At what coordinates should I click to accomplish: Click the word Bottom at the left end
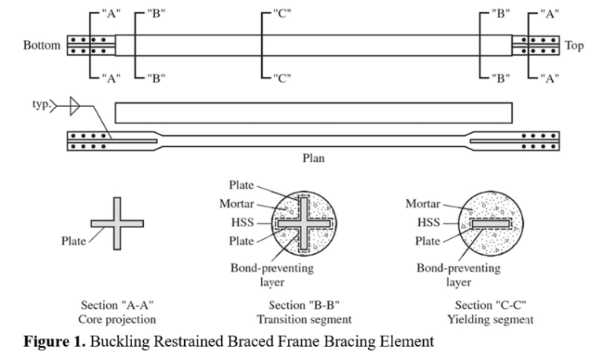click(x=42, y=46)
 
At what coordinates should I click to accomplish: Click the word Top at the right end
click(x=574, y=46)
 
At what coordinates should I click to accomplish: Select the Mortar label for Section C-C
click(x=422, y=204)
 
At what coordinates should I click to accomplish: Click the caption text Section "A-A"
click(x=116, y=305)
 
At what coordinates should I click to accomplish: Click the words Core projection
click(x=116, y=320)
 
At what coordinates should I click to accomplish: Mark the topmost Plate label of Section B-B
click(x=241, y=186)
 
